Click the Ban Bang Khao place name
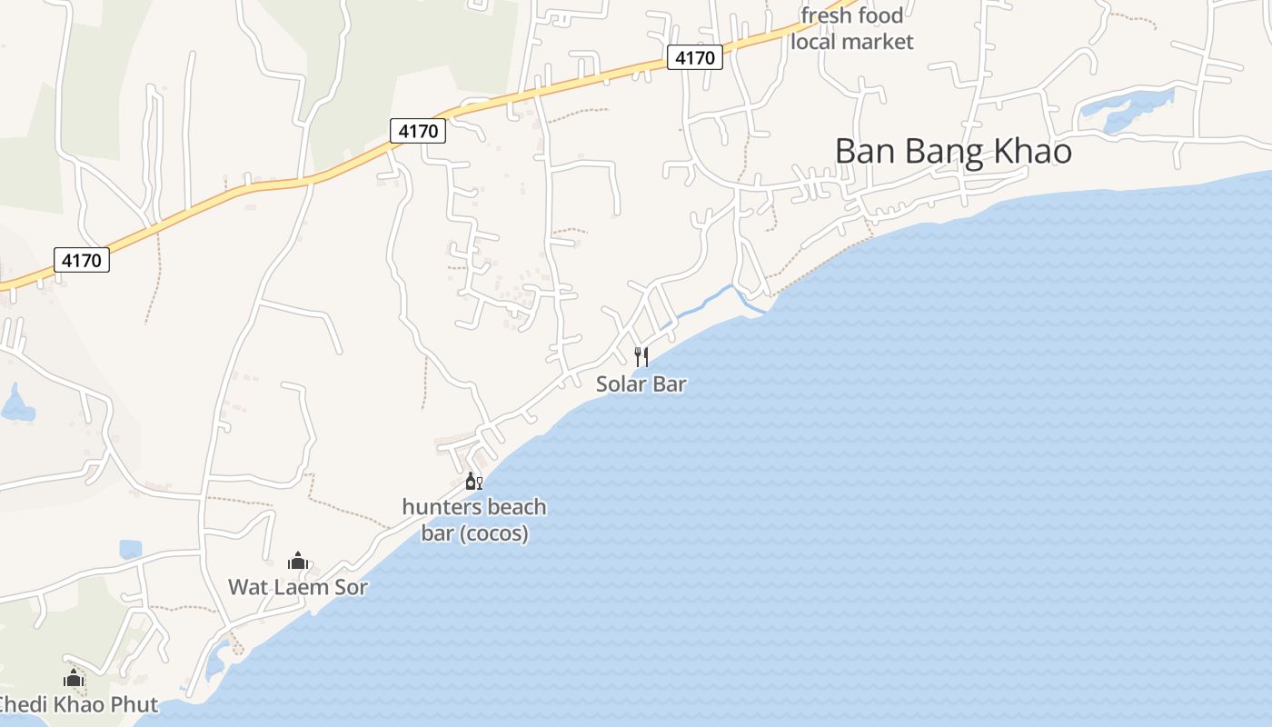click(x=952, y=151)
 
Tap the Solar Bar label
click(x=641, y=383)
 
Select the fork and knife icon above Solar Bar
click(x=641, y=356)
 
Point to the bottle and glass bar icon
click(x=473, y=481)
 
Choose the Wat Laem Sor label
click(x=298, y=587)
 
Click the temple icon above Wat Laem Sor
click(x=297, y=561)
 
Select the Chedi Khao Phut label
click(x=76, y=704)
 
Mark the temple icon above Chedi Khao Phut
click(x=74, y=678)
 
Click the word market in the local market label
click(x=878, y=42)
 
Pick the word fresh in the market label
click(x=824, y=15)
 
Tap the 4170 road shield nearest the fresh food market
click(x=695, y=58)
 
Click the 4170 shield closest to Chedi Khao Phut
click(x=82, y=261)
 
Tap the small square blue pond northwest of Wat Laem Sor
click(x=131, y=549)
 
